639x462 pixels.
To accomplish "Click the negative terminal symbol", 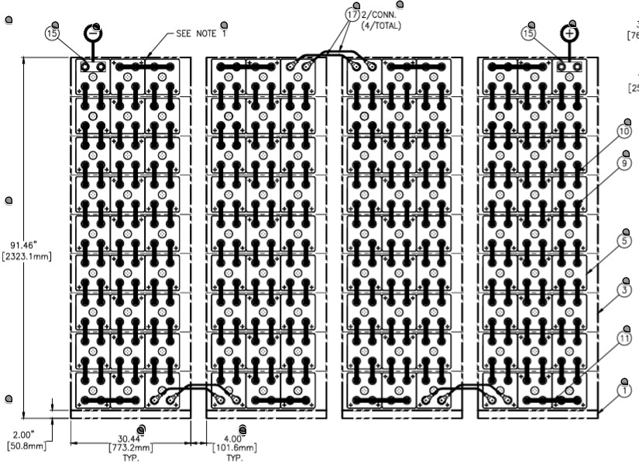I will [x=93, y=33].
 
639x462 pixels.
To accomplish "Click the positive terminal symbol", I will [x=570, y=34].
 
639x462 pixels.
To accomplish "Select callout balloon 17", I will [x=352, y=15].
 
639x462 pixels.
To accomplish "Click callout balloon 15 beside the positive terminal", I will [x=529, y=33].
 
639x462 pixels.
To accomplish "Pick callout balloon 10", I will [x=624, y=132].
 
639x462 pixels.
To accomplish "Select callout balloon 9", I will [x=624, y=164].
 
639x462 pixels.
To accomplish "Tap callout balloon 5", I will [x=624, y=241].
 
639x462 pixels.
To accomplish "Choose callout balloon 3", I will [x=624, y=289].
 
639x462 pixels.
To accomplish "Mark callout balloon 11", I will [x=624, y=338].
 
